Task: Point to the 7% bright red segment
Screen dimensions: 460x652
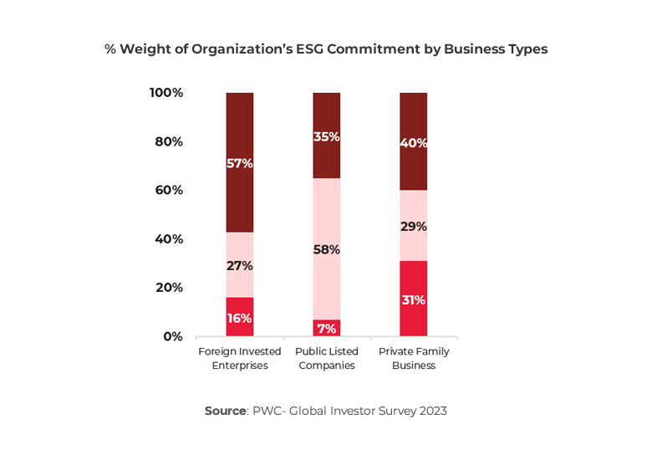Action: point(327,329)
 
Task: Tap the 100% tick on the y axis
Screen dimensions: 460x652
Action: point(166,93)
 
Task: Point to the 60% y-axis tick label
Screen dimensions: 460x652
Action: point(169,190)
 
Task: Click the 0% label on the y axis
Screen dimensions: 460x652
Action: point(172,336)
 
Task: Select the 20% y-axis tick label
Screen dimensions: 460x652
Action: point(169,288)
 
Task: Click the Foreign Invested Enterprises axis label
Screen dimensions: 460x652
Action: point(239,358)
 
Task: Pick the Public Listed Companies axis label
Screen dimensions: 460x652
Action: point(327,358)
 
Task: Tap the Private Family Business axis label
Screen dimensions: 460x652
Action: point(414,358)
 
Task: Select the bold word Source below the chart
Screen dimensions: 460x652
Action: point(225,411)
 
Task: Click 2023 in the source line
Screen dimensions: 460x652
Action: point(431,411)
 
